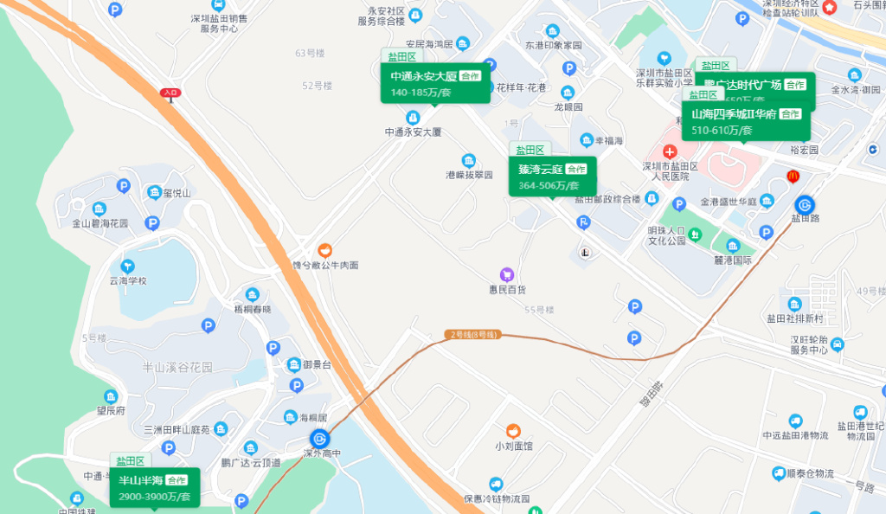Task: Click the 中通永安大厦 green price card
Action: click(435, 84)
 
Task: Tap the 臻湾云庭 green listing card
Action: click(552, 177)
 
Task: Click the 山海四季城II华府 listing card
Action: click(746, 122)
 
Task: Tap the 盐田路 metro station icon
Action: click(805, 205)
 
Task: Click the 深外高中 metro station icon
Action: click(318, 439)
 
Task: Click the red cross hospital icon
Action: click(669, 151)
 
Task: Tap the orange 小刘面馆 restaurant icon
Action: click(513, 430)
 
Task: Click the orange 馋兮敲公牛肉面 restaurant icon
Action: click(324, 249)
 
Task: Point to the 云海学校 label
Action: click(128, 280)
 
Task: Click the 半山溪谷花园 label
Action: click(177, 367)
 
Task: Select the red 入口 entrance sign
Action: click(170, 92)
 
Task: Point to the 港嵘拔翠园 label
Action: click(469, 174)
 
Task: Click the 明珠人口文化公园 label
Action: click(677, 236)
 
